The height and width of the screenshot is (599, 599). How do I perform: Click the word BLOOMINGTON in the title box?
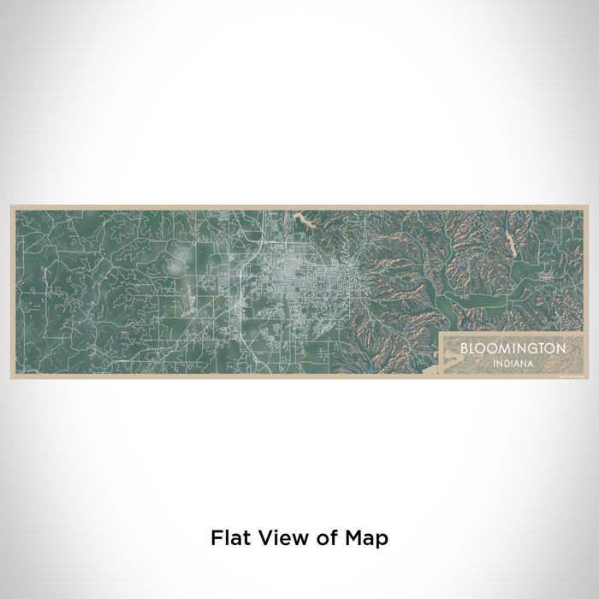[x=512, y=349]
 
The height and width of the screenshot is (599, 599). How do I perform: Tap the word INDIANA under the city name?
[x=512, y=363]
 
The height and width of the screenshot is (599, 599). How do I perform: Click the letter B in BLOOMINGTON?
[x=463, y=349]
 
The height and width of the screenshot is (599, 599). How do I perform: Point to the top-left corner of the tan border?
[x=10, y=205]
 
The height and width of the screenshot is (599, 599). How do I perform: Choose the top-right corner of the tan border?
[x=588, y=205]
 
